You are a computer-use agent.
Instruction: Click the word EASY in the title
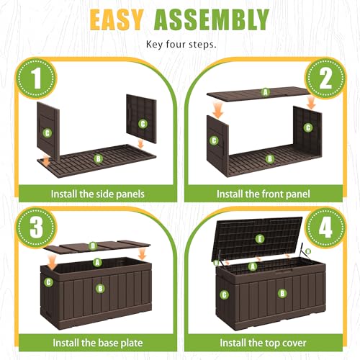click(117, 19)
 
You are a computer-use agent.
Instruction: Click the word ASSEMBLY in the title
click(212, 19)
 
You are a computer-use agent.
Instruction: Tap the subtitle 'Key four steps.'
click(181, 45)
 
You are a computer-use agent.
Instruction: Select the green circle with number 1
click(36, 78)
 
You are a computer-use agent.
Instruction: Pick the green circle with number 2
click(325, 78)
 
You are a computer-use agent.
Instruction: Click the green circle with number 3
click(36, 227)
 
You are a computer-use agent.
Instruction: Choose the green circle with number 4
click(325, 227)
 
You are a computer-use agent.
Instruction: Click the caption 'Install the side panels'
click(98, 194)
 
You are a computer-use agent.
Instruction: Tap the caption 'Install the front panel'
click(264, 194)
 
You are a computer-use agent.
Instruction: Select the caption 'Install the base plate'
click(98, 343)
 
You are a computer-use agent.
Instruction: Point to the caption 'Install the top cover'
click(264, 343)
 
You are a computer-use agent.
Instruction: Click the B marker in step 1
click(98, 158)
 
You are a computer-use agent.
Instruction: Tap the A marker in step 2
click(265, 92)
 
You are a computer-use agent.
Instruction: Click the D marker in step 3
click(93, 246)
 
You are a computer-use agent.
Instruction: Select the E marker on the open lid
click(260, 239)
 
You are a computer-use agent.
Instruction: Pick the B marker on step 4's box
click(282, 293)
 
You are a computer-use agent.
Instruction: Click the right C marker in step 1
click(143, 124)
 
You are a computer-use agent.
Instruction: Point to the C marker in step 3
click(48, 282)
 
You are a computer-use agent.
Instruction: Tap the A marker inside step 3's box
click(97, 263)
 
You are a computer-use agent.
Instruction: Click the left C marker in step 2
click(214, 140)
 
